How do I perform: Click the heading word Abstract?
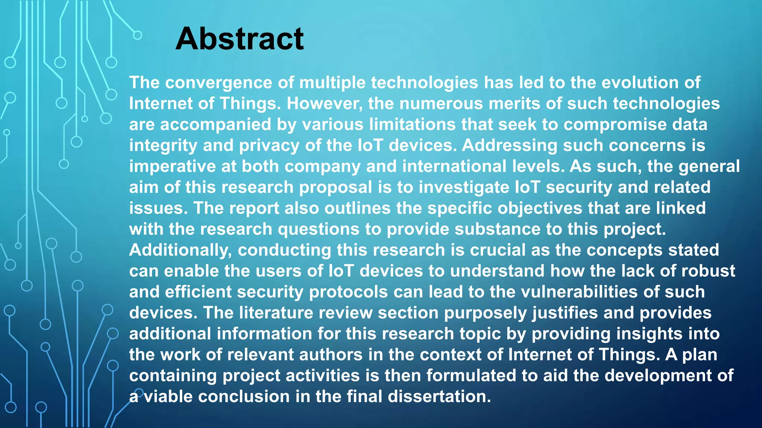pyautogui.click(x=240, y=39)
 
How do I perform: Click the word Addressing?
pyautogui.click(x=509, y=146)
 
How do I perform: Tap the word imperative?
pyautogui.click(x=172, y=166)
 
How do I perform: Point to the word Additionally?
pyautogui.click(x=180, y=250)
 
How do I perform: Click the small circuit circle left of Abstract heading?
pyautogui.click(x=137, y=35)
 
